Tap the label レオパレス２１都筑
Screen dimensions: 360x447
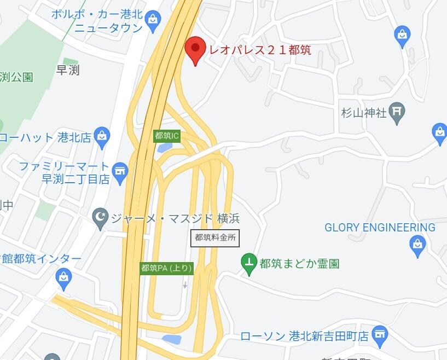(x=260, y=50)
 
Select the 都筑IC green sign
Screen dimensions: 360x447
(x=167, y=136)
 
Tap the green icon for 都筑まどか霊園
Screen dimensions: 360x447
(x=249, y=263)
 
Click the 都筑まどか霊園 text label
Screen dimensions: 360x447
(x=299, y=264)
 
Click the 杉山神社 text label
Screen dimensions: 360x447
(x=364, y=113)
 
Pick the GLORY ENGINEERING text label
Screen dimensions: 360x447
(x=380, y=227)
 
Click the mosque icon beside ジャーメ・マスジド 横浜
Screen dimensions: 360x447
(x=100, y=218)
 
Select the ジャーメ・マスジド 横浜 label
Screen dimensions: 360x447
(x=175, y=218)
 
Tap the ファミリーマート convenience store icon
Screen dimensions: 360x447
(x=119, y=171)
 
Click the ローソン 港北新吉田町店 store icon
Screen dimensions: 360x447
(x=379, y=334)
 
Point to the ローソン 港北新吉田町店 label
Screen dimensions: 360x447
(x=304, y=336)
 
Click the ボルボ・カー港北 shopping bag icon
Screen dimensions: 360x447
(x=153, y=20)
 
